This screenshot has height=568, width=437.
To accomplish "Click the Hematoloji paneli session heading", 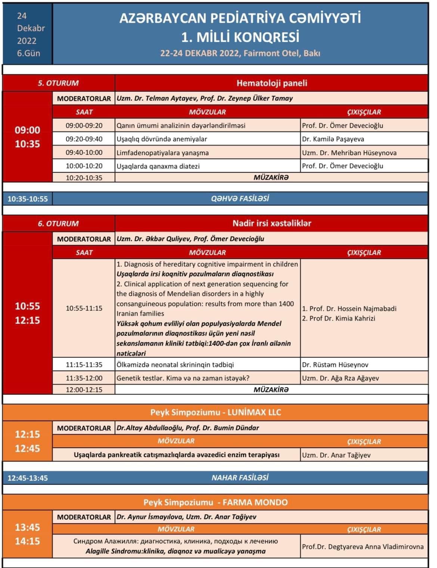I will coord(272,83).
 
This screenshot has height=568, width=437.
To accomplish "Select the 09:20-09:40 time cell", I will coord(84,139).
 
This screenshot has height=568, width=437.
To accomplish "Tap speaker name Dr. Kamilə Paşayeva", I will coord(333,139).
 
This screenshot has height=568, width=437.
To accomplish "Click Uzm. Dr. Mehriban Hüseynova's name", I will coord(349,152).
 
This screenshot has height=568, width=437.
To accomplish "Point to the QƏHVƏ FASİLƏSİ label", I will coord(240,198).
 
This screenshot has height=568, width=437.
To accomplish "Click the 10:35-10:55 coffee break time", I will coord(28,199).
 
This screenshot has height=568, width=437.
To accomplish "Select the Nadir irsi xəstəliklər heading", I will coord(272,223).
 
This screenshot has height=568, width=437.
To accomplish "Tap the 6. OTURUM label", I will coord(58,223).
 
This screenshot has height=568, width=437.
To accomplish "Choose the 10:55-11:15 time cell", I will coord(84,308).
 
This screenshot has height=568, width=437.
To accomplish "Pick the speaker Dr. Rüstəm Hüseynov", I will coord(335,365).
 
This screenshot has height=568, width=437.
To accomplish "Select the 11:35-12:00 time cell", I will coord(84,378).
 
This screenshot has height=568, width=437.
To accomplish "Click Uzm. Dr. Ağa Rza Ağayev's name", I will coord(340,378).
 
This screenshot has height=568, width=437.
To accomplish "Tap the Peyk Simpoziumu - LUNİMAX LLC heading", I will coord(216,413).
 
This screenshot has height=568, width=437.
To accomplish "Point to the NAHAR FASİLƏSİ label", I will coord(240,478).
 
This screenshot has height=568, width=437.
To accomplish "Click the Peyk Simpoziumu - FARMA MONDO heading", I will coord(216,502).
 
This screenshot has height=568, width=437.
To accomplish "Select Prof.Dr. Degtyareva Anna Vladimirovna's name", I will coord(363,546).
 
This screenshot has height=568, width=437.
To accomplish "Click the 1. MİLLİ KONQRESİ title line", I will coord(240,37).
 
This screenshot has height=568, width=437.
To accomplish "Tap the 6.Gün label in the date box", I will coord(28,53).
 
